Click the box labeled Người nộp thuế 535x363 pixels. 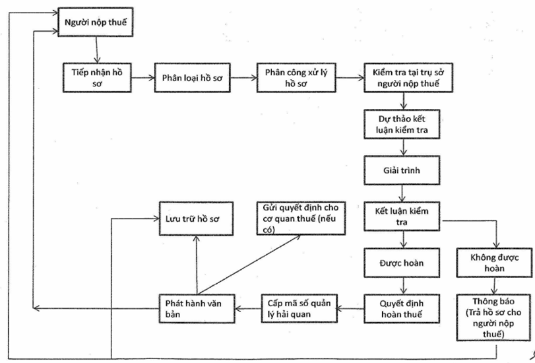pyautogui.click(x=96, y=23)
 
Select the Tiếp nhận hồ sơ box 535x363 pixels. pyautogui.click(x=98, y=77)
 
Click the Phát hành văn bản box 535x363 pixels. pyautogui.click(x=196, y=308)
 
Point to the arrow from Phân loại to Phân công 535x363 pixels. pyautogui.click(x=241, y=77)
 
